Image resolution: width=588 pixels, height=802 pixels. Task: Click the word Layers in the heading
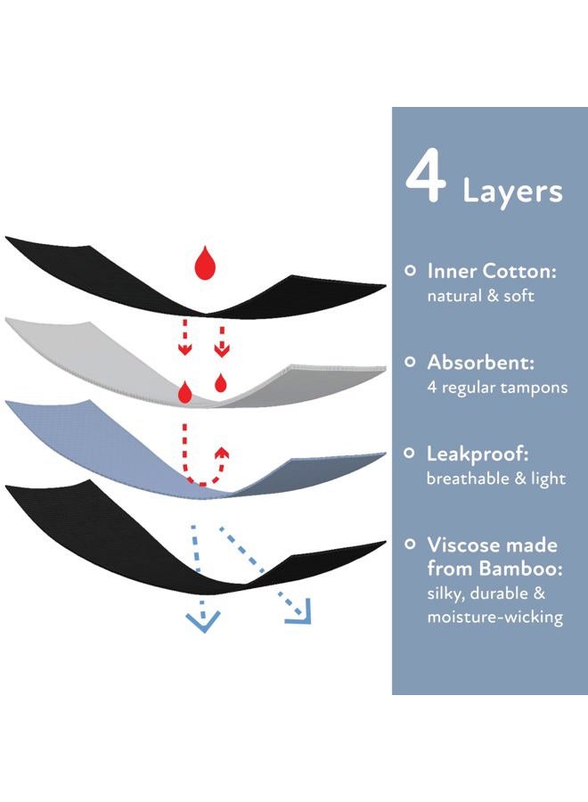tap(512, 192)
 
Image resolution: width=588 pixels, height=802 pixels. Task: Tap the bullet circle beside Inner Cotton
tap(410, 271)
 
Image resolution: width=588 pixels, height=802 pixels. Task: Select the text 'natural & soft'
tap(480, 296)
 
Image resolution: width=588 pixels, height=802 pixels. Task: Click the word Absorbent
tap(480, 362)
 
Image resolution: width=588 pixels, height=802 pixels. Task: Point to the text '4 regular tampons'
tap(497, 388)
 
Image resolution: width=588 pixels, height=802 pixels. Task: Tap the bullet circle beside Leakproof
tap(409, 454)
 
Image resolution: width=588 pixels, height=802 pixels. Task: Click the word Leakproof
tap(478, 454)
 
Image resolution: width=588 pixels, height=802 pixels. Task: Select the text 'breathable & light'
tap(496, 479)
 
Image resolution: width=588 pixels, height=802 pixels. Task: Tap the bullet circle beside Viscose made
tap(410, 544)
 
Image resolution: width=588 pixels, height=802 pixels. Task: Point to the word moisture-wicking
tap(495, 617)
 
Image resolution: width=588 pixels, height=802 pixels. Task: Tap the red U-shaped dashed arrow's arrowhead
tap(222, 454)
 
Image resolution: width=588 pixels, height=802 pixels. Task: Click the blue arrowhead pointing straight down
tap(203, 620)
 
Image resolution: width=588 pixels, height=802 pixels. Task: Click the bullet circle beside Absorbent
tap(410, 362)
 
